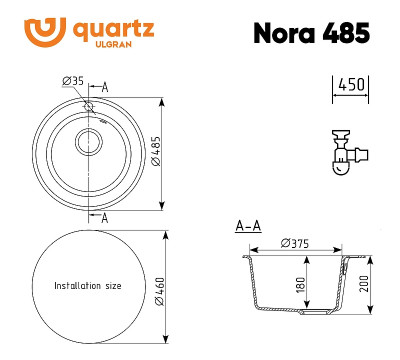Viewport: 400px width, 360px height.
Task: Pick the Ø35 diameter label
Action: (71, 80)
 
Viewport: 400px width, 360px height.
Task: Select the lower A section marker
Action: (105, 215)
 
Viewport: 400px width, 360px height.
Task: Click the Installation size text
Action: (87, 286)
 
